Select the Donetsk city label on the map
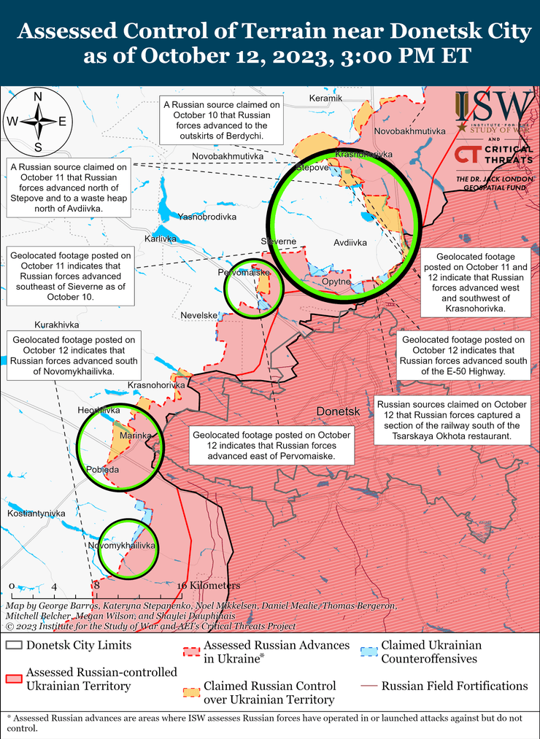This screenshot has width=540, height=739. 339,412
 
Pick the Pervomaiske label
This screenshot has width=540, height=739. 244,273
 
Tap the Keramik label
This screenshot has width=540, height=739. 325,98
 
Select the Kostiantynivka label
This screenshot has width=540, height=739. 36,514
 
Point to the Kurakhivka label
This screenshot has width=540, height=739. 56,325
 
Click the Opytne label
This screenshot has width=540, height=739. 336,282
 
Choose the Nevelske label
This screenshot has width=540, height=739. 199,315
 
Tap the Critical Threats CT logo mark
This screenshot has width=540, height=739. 467,155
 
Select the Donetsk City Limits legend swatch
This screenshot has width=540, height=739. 14,646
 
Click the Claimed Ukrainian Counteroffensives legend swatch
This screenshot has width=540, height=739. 370,646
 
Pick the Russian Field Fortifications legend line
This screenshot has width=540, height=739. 370,686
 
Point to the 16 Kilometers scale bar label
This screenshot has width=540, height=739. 209,586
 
